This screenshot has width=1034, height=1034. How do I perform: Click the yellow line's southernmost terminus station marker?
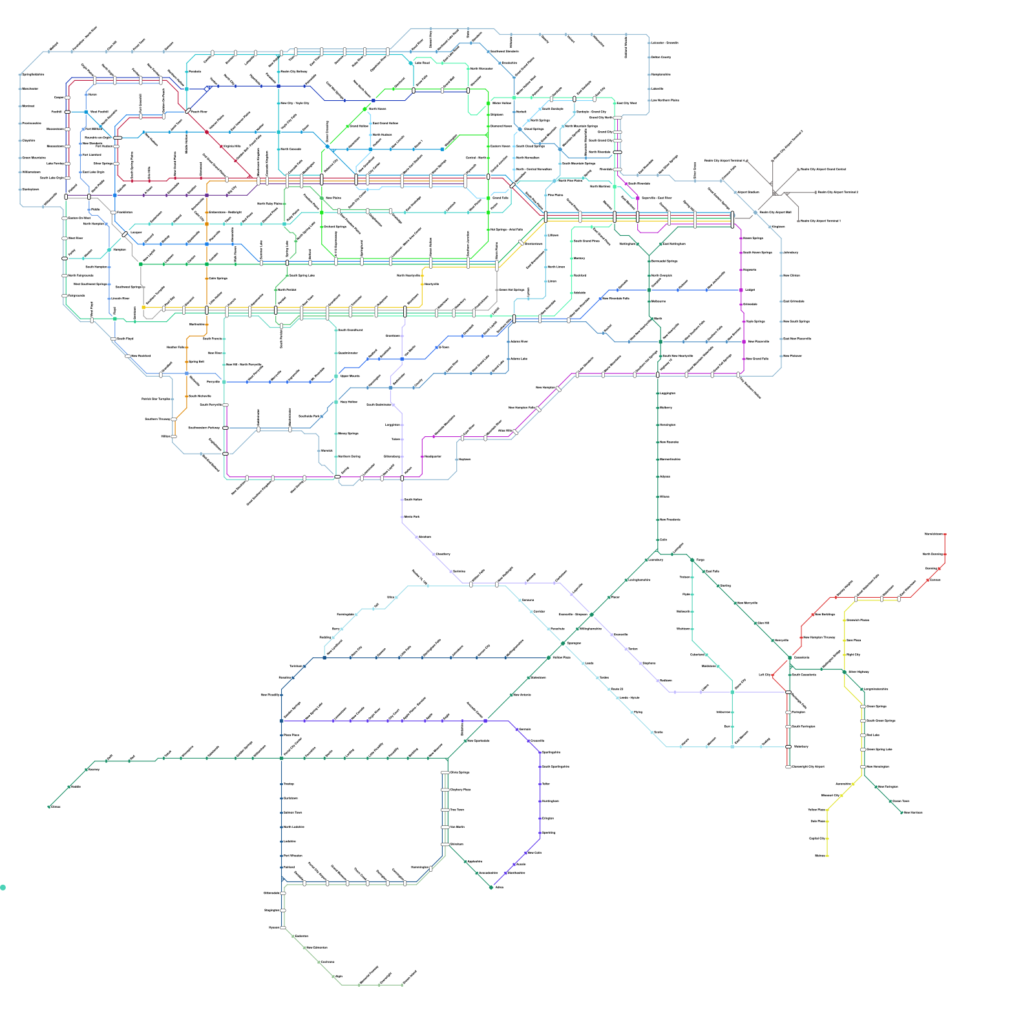[827, 856]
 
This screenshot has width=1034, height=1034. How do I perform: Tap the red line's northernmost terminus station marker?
[945, 534]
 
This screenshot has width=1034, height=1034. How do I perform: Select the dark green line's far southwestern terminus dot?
[49, 807]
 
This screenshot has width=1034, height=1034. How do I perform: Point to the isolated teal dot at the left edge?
[3, 887]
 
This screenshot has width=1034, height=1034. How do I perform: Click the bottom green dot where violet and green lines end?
[491, 887]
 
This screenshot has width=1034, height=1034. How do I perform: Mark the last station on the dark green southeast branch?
[902, 812]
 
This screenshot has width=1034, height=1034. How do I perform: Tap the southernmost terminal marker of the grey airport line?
[799, 221]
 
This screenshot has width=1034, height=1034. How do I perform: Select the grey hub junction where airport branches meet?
[775, 193]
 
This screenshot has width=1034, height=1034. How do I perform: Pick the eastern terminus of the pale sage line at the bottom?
[402, 985]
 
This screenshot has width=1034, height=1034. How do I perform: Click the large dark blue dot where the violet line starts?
[281, 721]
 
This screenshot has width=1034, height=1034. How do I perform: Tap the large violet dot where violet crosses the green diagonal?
[485, 721]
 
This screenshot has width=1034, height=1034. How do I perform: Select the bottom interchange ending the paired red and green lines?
[788, 767]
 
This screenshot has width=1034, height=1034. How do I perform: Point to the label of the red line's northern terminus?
[933, 534]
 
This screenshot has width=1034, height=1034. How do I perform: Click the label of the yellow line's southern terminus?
[820, 856]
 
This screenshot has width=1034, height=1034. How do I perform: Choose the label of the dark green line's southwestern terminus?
[56, 807]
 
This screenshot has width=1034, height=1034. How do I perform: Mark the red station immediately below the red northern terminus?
[945, 554]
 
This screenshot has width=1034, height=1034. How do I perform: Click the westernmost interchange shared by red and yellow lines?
[857, 599]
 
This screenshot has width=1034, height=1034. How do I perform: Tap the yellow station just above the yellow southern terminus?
[827, 838]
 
